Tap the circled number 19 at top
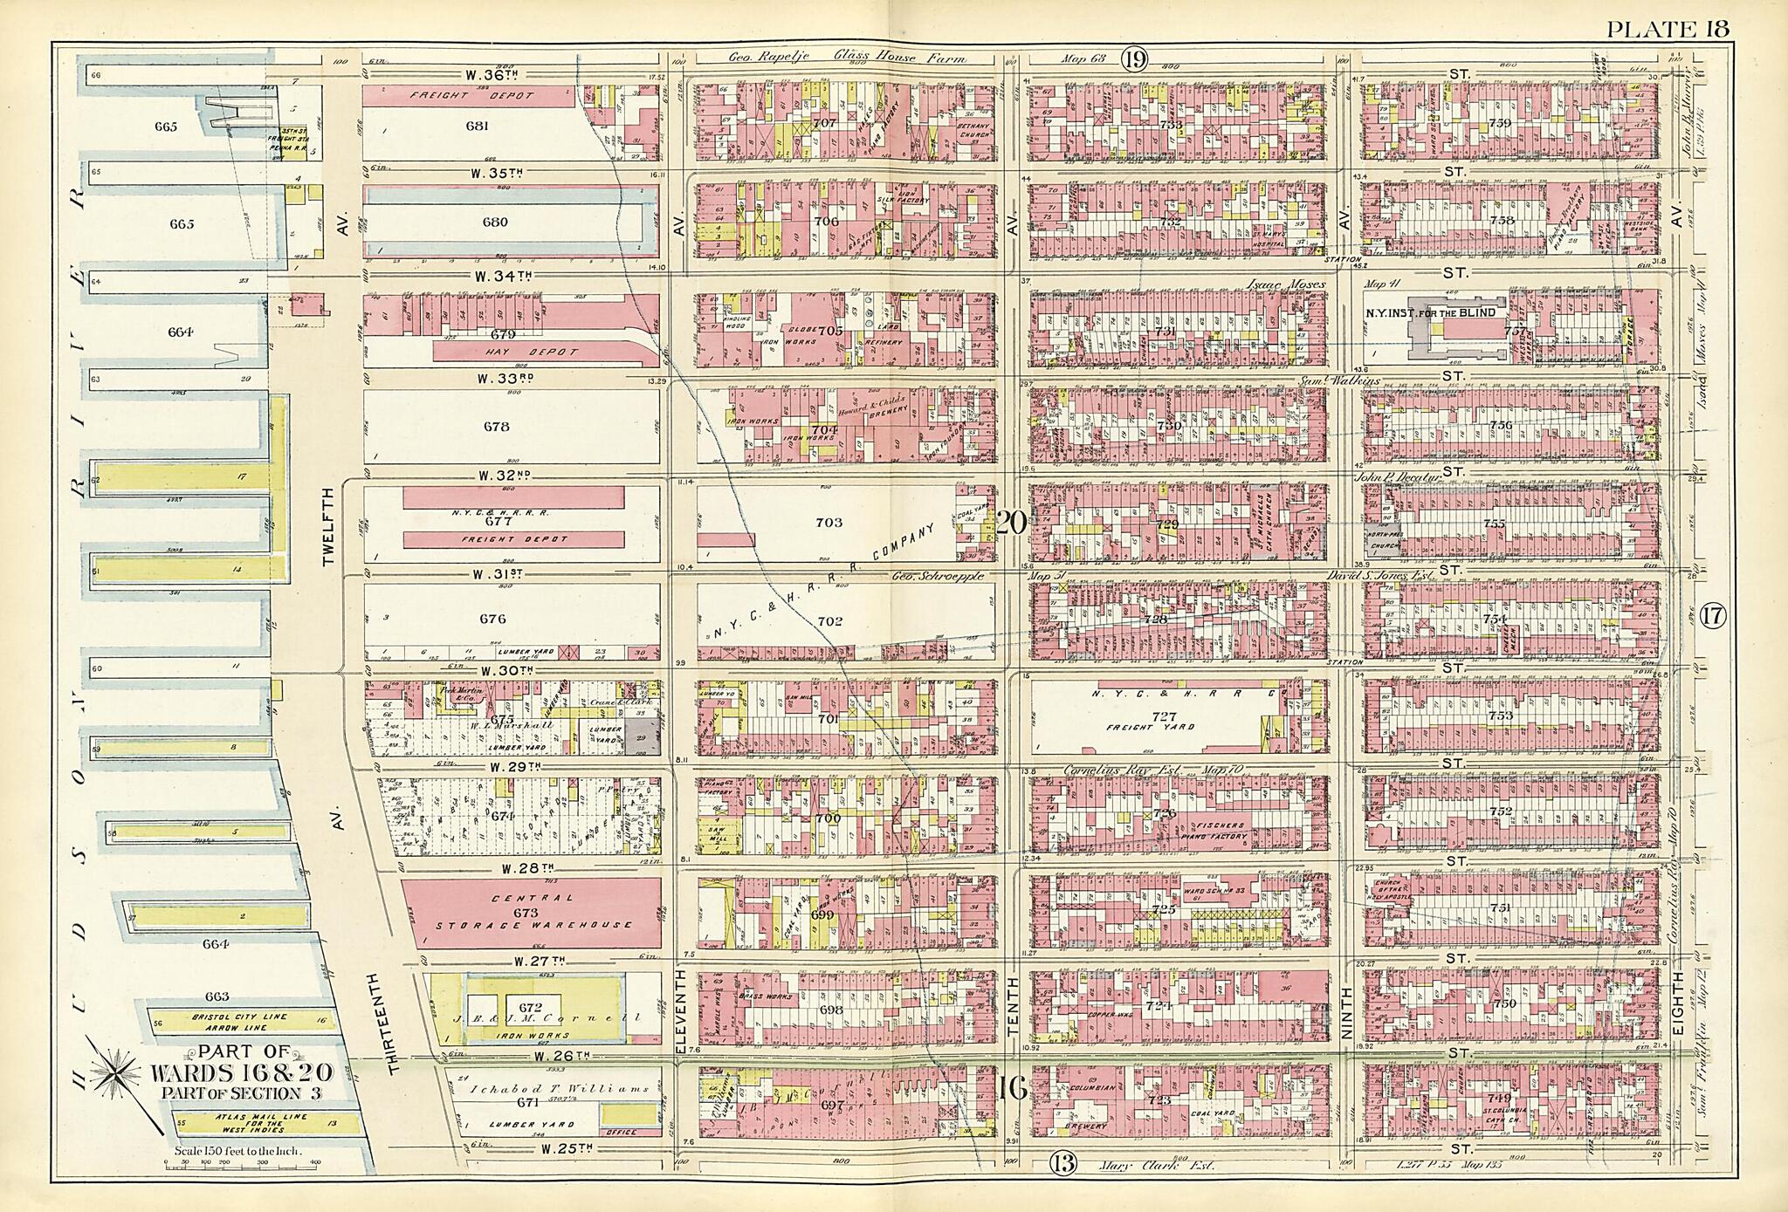(x=1133, y=59)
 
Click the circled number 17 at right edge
(x=1713, y=616)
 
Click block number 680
(x=494, y=222)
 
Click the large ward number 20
(x=1012, y=523)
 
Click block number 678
(x=495, y=427)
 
